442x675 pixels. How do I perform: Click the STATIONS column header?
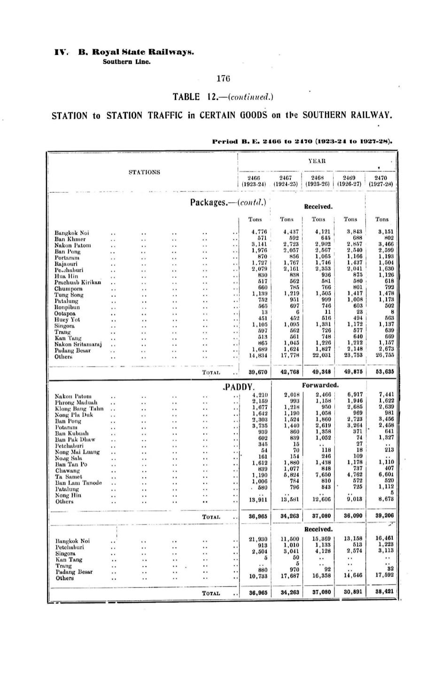pyautogui.click(x=144, y=172)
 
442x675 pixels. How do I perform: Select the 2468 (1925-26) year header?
pyautogui.click(x=317, y=181)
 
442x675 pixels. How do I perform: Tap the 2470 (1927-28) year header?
pyautogui.click(x=381, y=181)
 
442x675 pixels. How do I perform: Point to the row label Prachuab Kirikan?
pyautogui.click(x=78, y=283)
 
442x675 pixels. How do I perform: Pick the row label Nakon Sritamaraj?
pyautogui.click(x=78, y=344)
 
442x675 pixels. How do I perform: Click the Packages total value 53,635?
pyautogui.click(x=382, y=372)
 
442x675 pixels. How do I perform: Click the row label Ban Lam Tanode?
pyautogui.click(x=78, y=483)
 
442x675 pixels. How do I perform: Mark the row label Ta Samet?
pyautogui.click(x=68, y=477)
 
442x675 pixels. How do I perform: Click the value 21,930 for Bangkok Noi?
pyautogui.click(x=258, y=539)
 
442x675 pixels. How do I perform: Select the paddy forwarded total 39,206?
pyautogui.click(x=382, y=516)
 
